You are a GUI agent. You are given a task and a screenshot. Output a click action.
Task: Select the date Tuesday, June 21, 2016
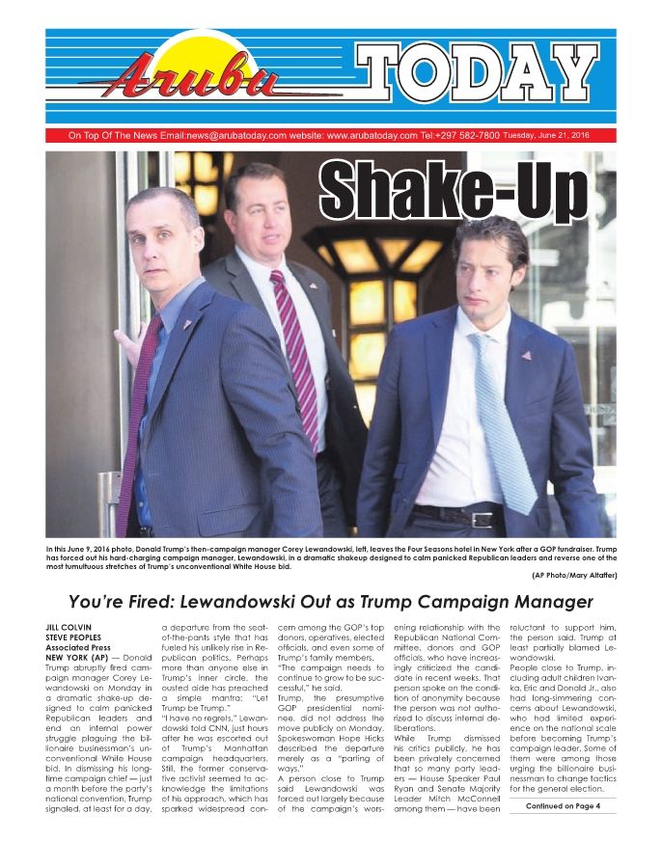click(x=545, y=135)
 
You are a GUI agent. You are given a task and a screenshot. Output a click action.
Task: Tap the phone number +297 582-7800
click(x=467, y=136)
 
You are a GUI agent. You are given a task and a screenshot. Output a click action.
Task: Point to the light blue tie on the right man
click(x=502, y=424)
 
